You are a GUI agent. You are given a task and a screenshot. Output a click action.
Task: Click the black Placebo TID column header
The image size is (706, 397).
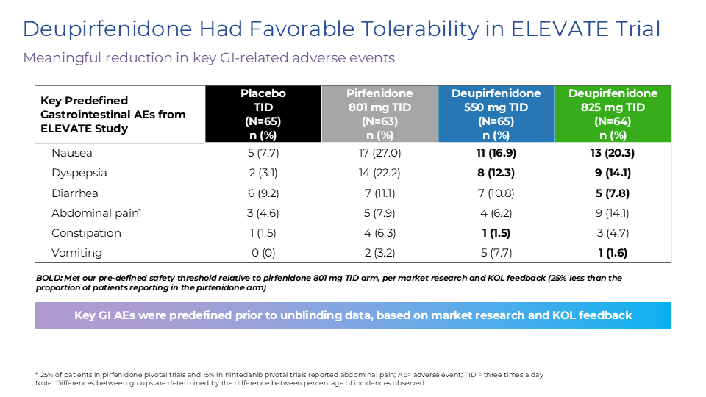click(263, 114)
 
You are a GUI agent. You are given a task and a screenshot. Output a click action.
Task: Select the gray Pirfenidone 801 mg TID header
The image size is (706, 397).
click(379, 114)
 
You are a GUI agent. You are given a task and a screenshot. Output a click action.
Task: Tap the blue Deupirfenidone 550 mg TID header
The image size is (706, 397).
click(496, 114)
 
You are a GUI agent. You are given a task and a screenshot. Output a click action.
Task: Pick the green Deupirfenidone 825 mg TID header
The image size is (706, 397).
click(613, 114)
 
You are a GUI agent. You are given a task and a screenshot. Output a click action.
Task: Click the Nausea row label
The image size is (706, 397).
click(71, 153)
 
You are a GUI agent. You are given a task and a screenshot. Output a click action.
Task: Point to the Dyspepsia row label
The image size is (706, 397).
click(79, 173)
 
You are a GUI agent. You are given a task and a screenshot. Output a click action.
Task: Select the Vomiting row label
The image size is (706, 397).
click(76, 252)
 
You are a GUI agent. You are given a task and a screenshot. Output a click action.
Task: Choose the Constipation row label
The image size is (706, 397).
click(86, 232)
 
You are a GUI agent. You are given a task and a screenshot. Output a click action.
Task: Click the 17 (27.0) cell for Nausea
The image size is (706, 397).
click(379, 153)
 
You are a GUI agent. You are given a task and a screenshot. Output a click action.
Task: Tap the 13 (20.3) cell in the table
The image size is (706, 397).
click(613, 153)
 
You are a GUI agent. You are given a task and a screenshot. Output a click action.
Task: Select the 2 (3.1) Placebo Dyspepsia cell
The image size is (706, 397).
click(263, 173)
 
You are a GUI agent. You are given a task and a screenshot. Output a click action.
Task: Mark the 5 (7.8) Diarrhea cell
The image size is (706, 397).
click(613, 193)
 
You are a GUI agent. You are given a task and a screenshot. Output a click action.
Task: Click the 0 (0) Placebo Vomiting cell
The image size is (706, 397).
click(263, 252)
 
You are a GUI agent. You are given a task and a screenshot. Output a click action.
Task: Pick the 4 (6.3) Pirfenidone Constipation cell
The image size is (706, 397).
click(379, 232)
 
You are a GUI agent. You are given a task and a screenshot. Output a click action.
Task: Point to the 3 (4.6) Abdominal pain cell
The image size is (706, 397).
click(263, 212)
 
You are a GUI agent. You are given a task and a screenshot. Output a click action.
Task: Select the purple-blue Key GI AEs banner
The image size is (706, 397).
click(353, 315)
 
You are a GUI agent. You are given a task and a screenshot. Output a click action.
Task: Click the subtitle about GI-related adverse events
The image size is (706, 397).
click(209, 58)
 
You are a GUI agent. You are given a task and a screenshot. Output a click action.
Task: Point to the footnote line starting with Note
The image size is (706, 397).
click(230, 382)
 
